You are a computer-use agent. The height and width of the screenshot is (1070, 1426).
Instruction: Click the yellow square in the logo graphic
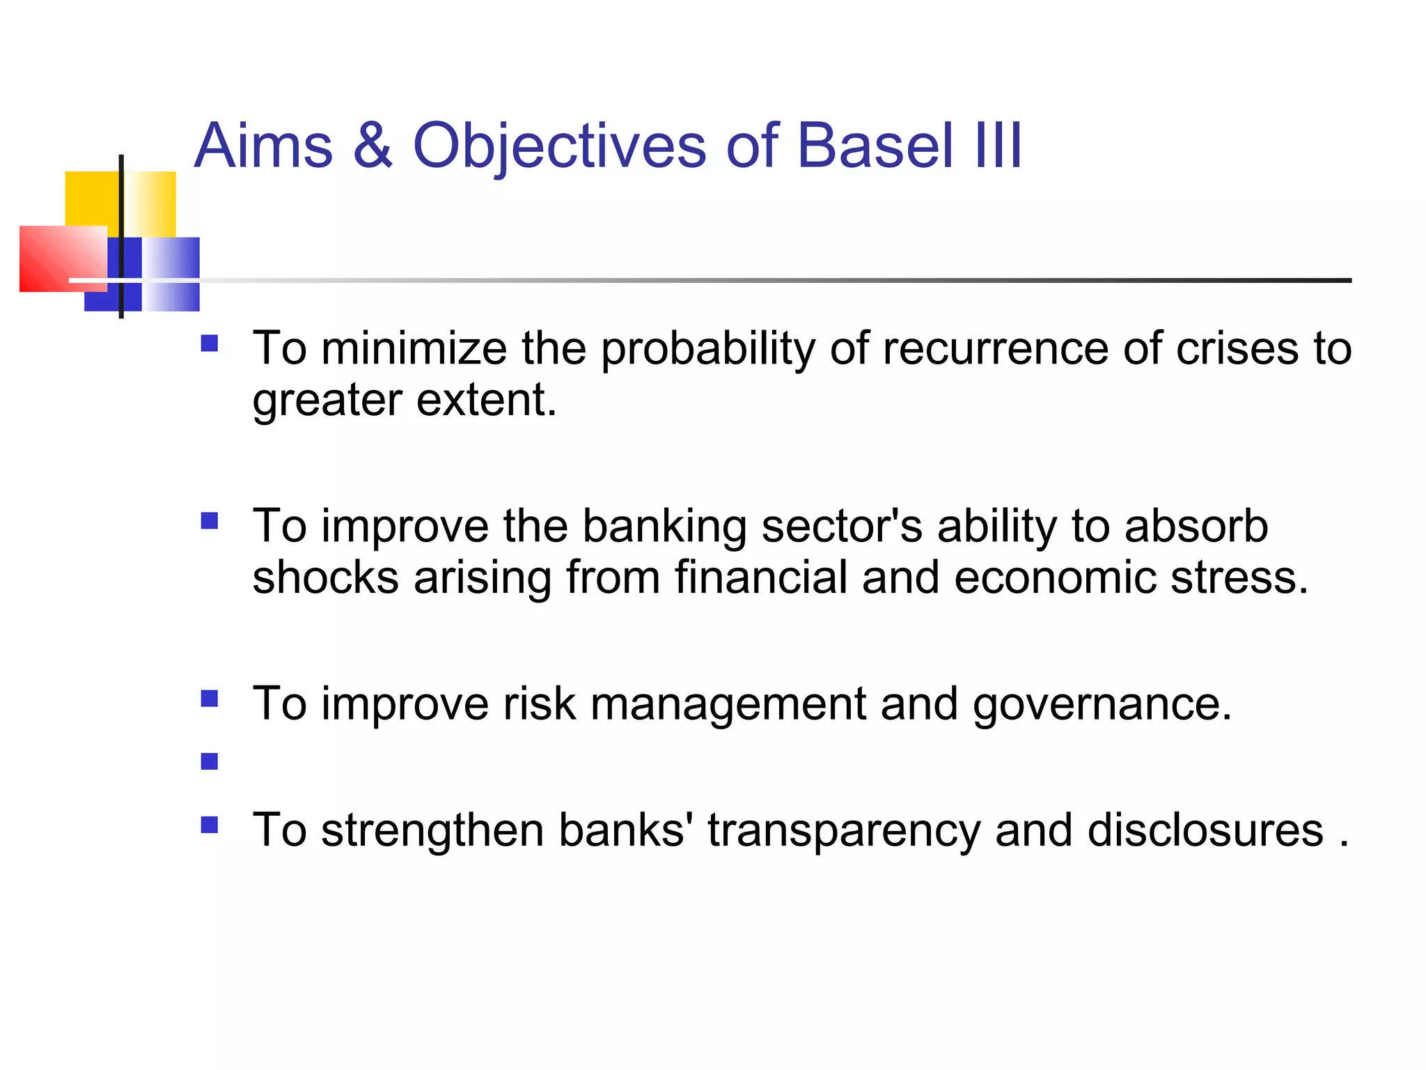click(x=92, y=198)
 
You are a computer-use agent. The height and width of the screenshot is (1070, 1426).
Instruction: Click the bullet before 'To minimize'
click(x=209, y=343)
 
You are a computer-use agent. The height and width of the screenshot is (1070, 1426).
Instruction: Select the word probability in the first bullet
click(x=707, y=350)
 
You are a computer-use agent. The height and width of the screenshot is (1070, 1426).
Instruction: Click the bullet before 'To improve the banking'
click(x=209, y=521)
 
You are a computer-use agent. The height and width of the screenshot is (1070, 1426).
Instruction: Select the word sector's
click(x=842, y=526)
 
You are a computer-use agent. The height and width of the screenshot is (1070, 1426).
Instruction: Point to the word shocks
click(x=325, y=577)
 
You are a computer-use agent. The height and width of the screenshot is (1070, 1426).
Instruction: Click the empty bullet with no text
click(x=209, y=761)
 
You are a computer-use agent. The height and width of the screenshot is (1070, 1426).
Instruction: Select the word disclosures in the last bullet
click(x=1205, y=830)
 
